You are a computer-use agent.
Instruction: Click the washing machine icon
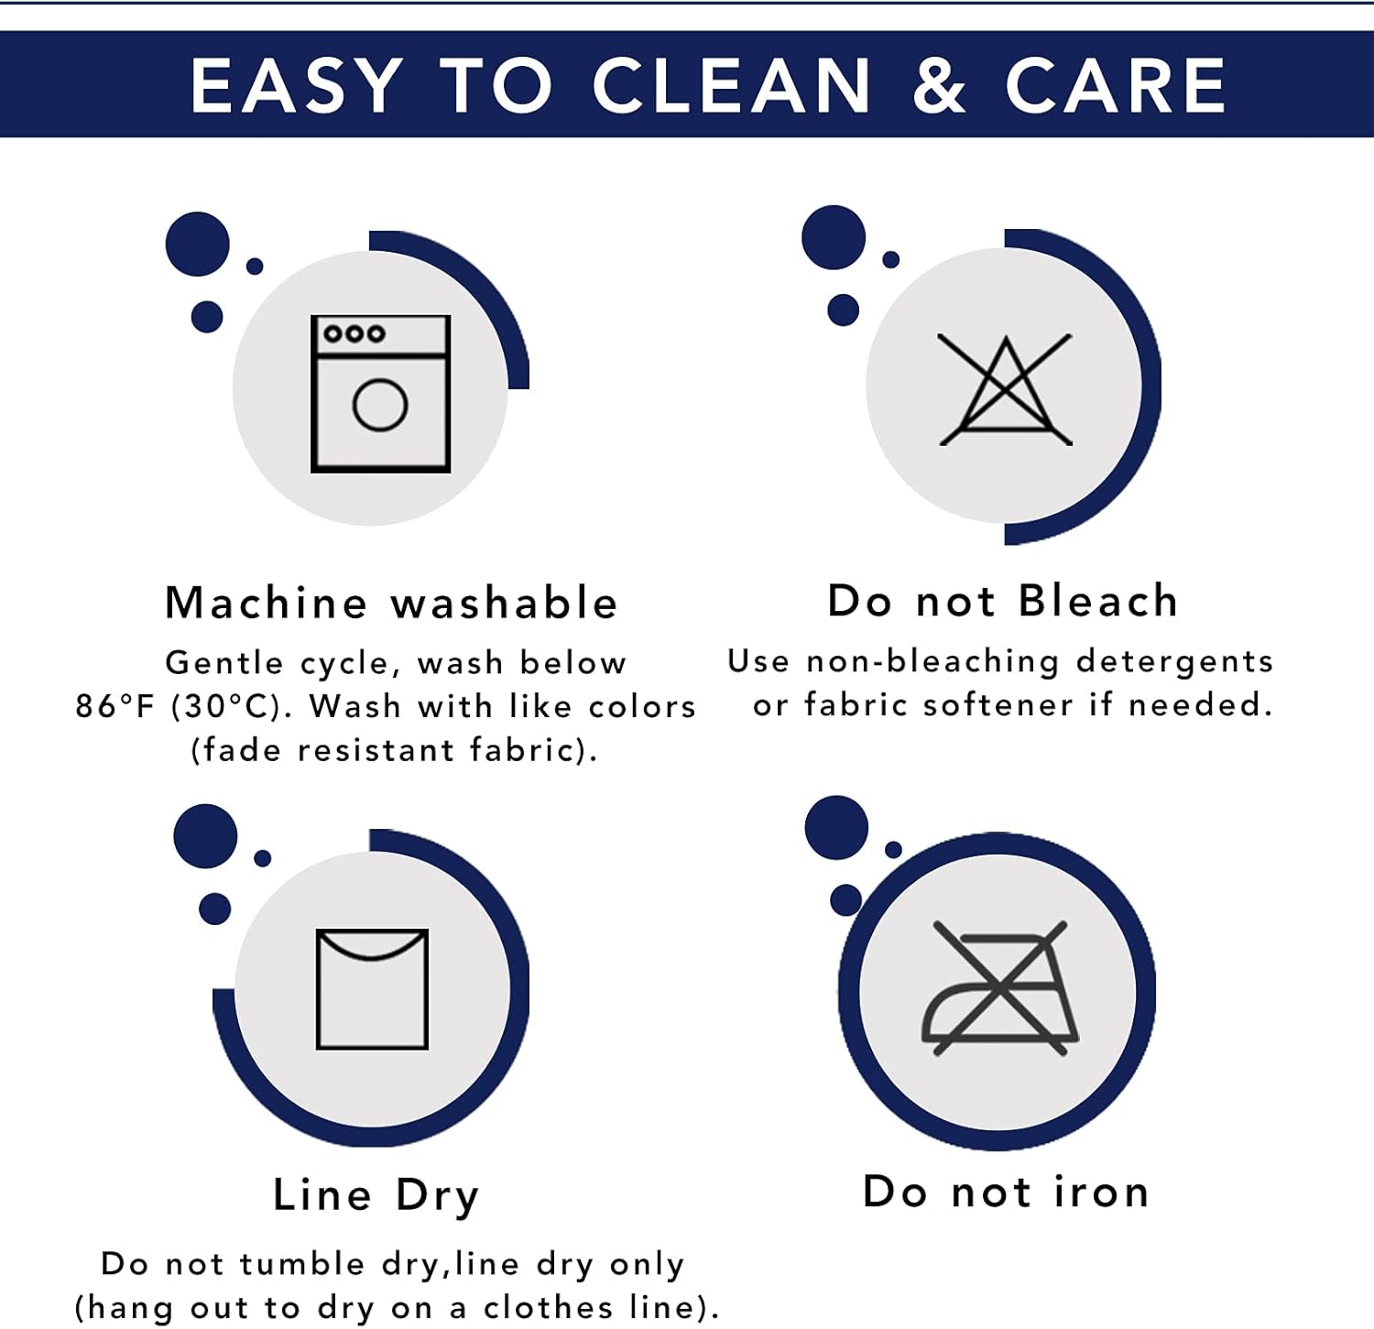[380, 394]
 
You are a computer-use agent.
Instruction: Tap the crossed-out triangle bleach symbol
[1005, 390]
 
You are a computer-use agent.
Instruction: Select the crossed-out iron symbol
[1000, 988]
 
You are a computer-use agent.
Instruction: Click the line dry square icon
[372, 989]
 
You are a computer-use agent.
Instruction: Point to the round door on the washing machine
[380, 405]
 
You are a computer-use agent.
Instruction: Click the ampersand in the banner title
[939, 86]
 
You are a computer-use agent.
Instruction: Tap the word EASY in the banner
[297, 86]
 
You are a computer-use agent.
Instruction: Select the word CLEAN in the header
[731, 86]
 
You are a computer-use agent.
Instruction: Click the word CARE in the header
[1115, 86]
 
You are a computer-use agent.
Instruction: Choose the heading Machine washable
[391, 603]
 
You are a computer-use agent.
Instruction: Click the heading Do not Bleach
[1002, 601]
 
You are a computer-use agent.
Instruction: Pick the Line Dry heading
[376, 1196]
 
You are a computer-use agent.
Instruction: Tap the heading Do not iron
[1006, 1192]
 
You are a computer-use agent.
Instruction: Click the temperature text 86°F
[115, 706]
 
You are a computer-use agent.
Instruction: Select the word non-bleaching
[932, 662]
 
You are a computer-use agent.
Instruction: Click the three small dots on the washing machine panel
[354, 334]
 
